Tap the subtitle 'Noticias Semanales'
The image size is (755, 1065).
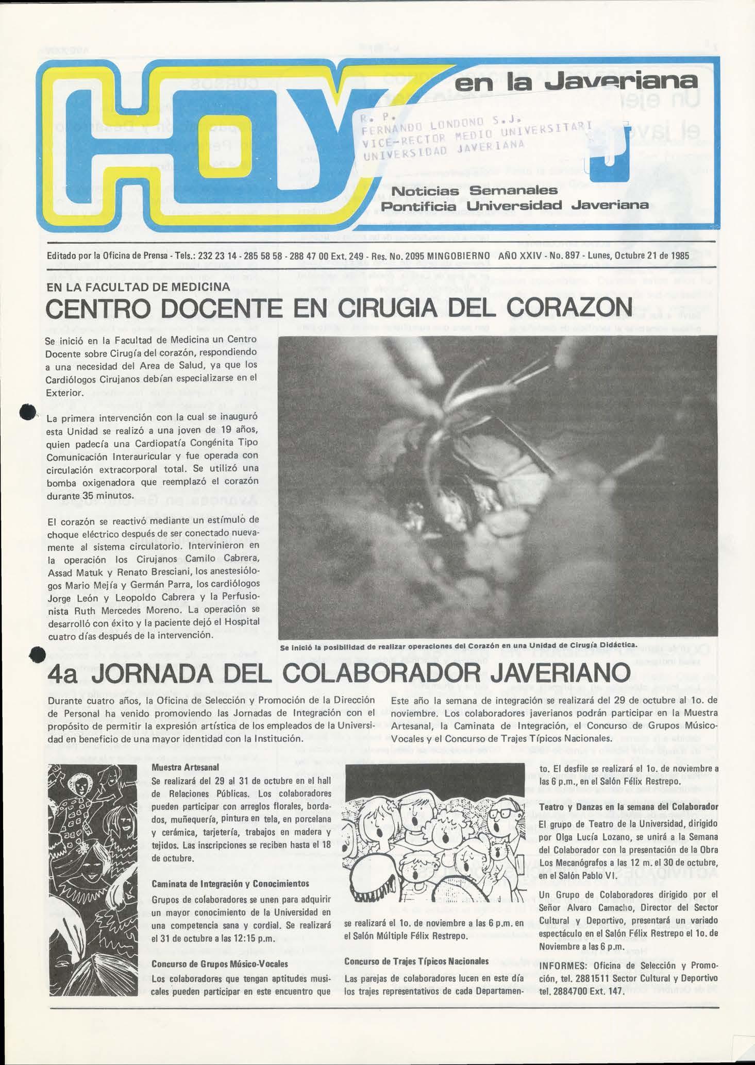click(x=475, y=191)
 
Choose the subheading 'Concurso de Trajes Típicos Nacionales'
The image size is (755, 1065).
click(x=416, y=961)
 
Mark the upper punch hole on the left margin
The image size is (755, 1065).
click(x=27, y=412)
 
